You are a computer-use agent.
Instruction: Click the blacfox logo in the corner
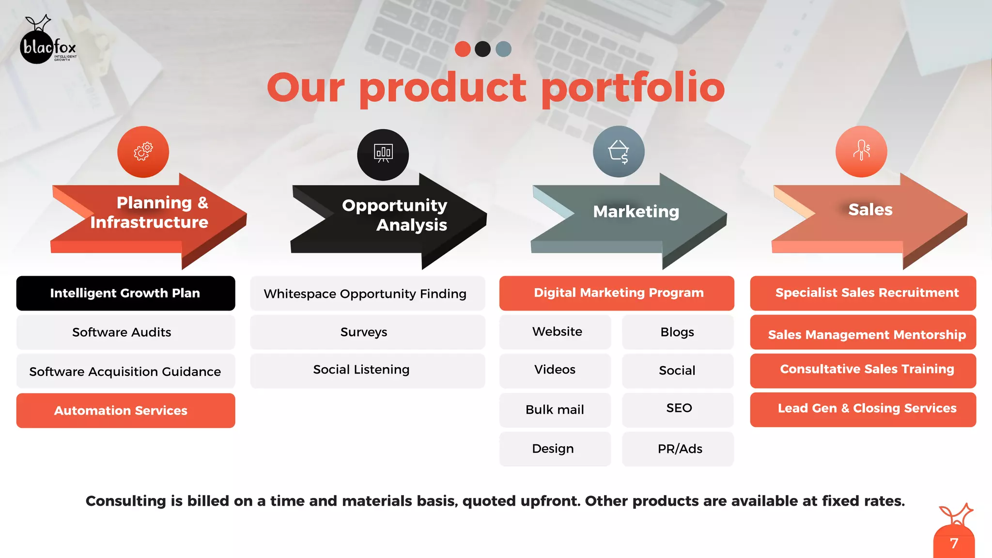(x=47, y=43)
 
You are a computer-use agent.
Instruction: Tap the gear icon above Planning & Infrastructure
(x=143, y=152)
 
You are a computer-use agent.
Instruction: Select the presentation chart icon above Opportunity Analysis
(x=383, y=154)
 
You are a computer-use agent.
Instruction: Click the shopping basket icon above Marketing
(x=619, y=152)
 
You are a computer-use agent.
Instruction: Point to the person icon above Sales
(x=861, y=151)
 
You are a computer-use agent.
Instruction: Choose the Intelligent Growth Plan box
(x=125, y=293)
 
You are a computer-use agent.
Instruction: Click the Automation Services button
(x=125, y=410)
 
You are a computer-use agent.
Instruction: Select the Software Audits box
(x=125, y=332)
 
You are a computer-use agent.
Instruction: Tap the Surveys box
(x=367, y=332)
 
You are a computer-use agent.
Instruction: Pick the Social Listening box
(x=367, y=370)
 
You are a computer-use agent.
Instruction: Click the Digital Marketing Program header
(x=617, y=293)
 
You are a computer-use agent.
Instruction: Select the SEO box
(x=678, y=409)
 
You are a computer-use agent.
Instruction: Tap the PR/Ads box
(x=678, y=449)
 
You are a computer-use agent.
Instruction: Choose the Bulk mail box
(x=555, y=410)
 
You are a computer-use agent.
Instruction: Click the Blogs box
(x=678, y=332)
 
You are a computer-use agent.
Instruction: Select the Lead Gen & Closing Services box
(x=863, y=409)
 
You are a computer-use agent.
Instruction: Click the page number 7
(x=954, y=543)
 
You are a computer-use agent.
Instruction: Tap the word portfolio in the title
(x=633, y=88)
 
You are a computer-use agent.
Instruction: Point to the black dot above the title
(x=482, y=49)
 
